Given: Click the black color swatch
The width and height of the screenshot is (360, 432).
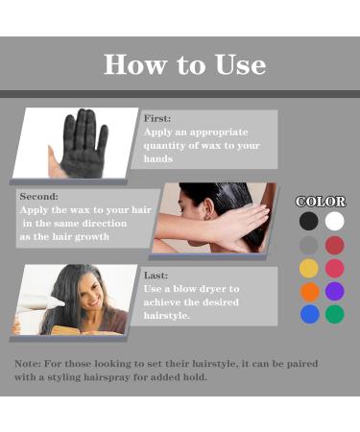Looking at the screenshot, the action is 309,221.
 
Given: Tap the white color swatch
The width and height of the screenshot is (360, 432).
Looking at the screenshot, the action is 335,221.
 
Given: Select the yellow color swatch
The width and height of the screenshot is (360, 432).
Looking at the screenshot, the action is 309,268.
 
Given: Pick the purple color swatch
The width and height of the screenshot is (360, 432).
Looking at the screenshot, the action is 335,291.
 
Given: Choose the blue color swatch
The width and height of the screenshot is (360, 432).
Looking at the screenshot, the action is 310,314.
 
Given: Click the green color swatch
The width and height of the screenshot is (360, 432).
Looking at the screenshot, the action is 335,314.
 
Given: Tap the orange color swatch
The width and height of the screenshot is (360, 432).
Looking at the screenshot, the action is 309,292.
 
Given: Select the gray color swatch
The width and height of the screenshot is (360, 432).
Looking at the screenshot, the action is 309,246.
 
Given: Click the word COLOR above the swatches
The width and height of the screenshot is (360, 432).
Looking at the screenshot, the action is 321,202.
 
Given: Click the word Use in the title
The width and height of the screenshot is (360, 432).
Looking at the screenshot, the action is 240,64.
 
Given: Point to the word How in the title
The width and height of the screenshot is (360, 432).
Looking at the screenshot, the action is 135,64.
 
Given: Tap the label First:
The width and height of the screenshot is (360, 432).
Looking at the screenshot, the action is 157,119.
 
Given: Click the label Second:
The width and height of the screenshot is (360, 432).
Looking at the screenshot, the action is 39,196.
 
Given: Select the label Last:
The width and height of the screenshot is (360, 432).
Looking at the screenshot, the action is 156,276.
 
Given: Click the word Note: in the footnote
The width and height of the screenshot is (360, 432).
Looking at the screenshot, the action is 28,364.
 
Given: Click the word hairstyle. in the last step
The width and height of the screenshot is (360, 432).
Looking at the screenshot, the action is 166,316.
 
